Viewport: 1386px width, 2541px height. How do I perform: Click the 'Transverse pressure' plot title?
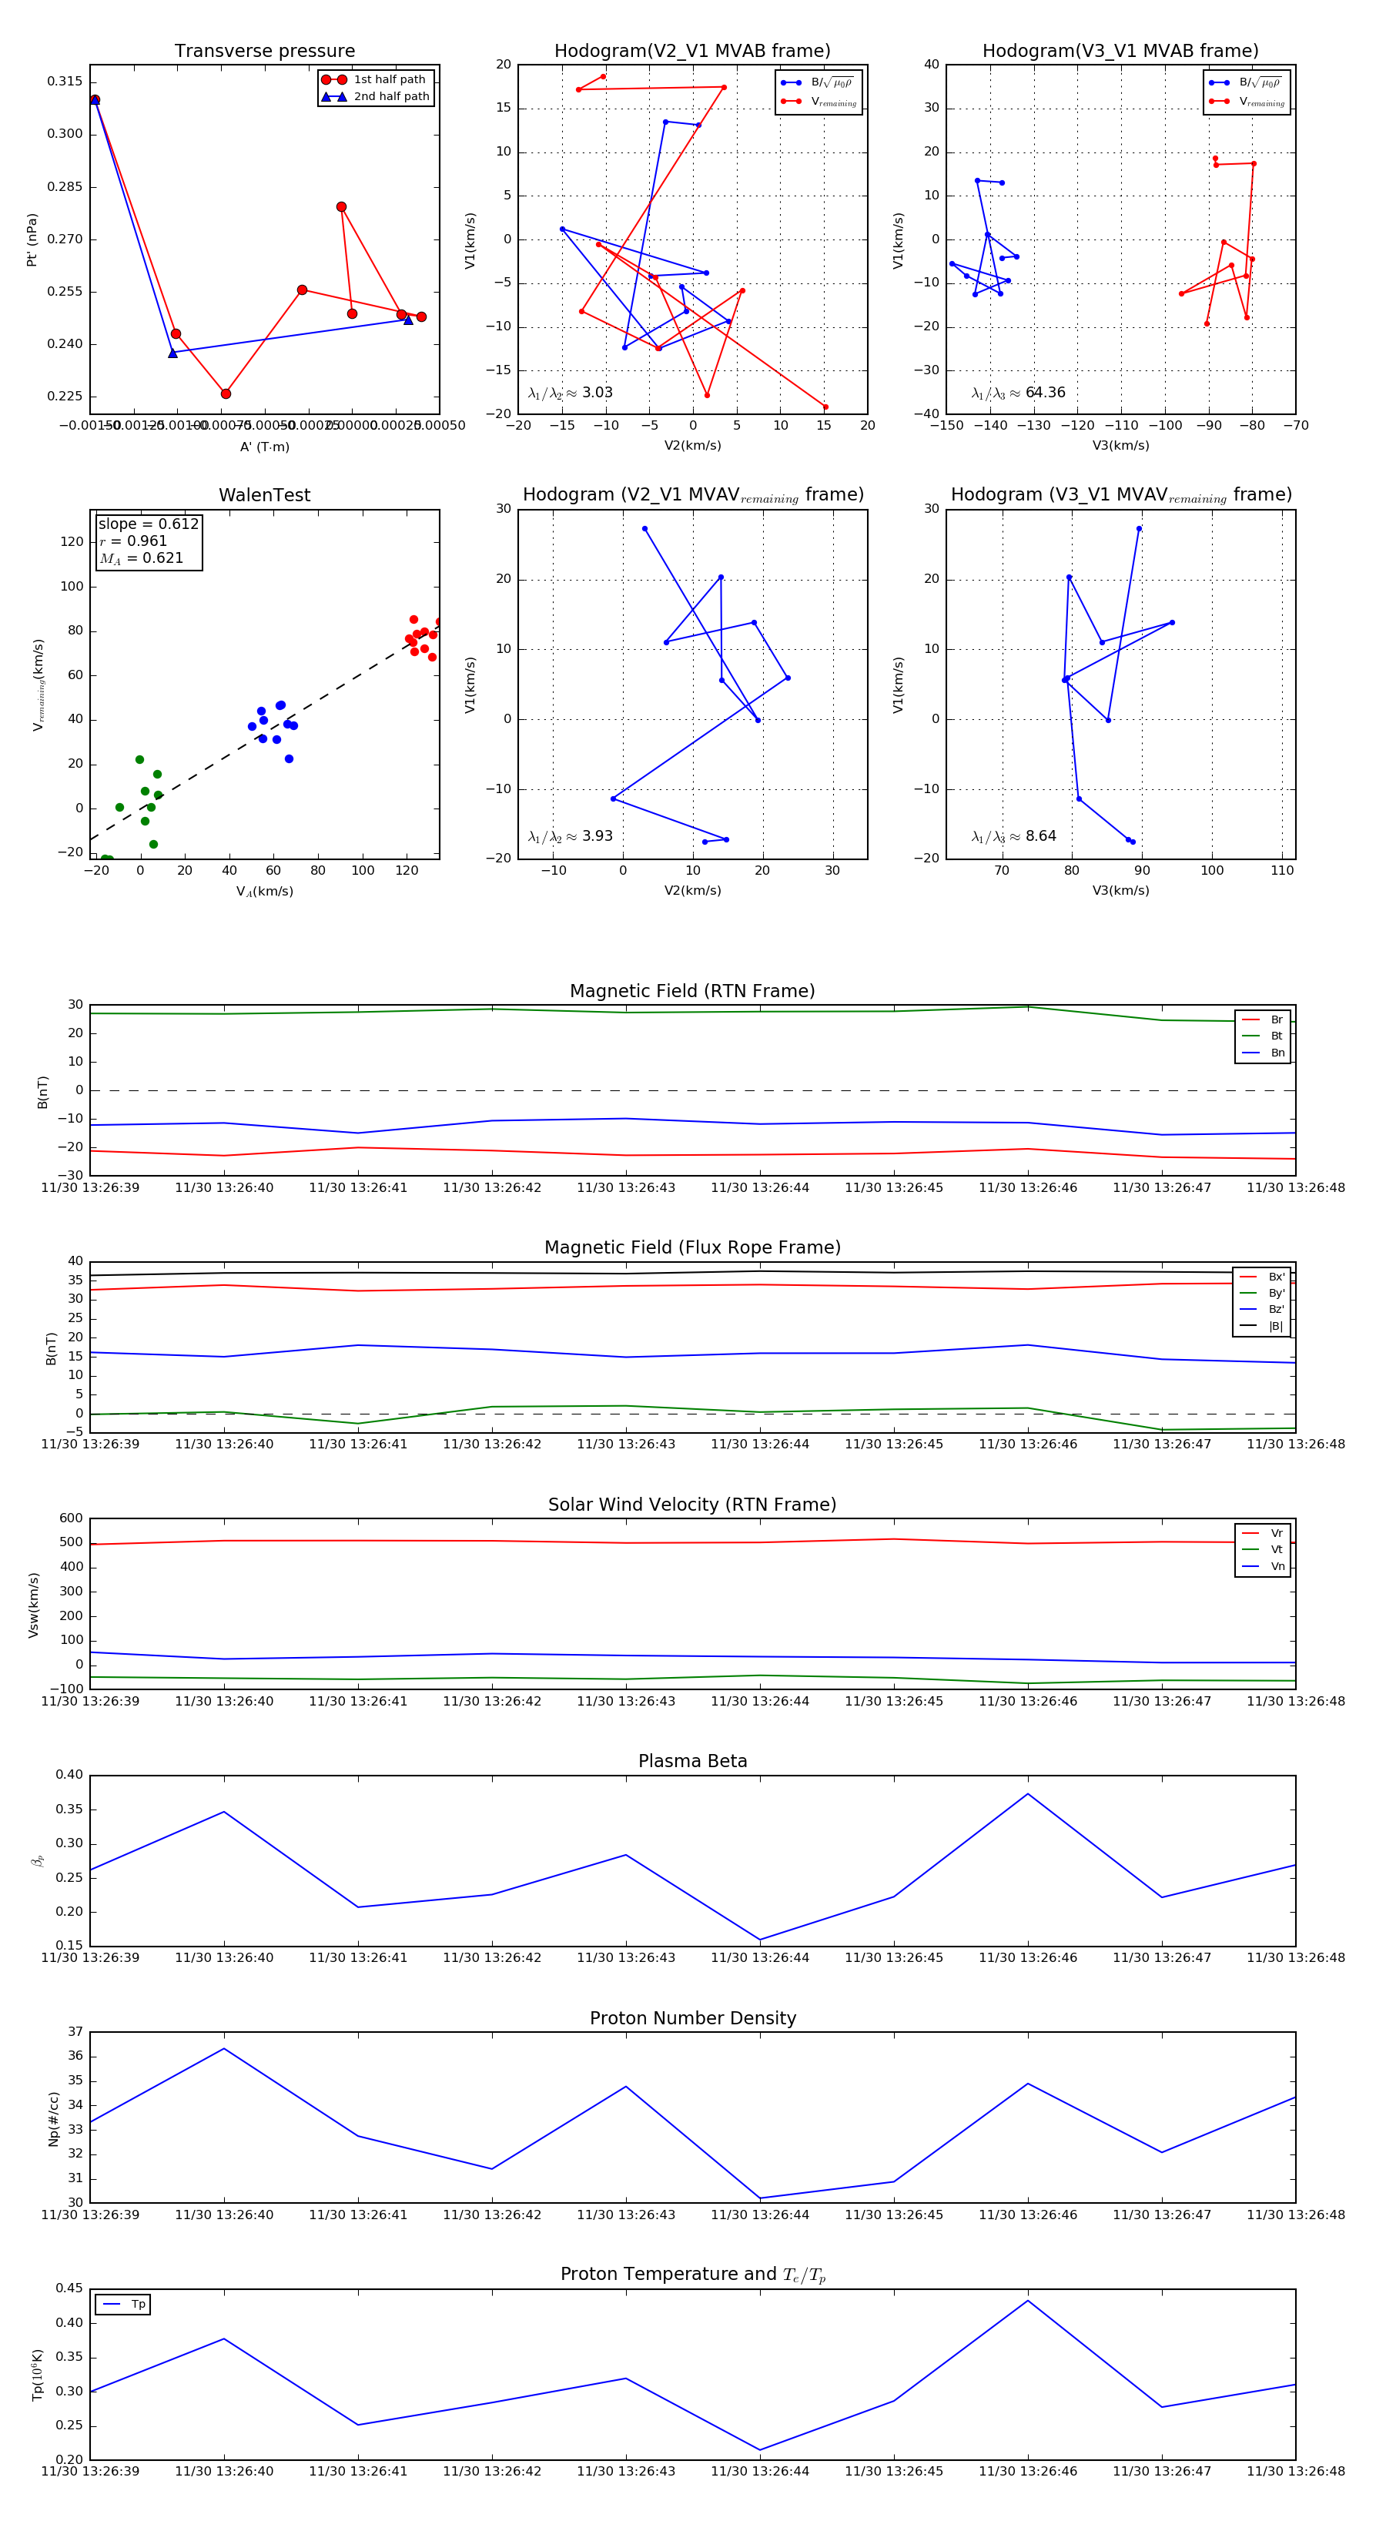(x=264, y=52)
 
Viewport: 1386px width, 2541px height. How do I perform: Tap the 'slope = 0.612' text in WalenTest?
(x=148, y=524)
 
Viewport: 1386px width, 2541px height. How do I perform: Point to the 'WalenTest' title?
(x=264, y=495)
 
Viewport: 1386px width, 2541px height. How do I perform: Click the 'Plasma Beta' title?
(x=692, y=1762)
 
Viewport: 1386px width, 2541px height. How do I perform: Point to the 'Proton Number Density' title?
(x=692, y=2018)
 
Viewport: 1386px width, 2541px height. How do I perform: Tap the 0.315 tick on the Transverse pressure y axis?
(x=65, y=81)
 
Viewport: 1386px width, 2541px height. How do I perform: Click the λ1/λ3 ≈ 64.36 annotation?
(x=1018, y=393)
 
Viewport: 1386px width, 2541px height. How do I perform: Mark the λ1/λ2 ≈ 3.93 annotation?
(x=570, y=836)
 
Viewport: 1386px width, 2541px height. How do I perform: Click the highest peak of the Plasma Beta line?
(x=1028, y=1793)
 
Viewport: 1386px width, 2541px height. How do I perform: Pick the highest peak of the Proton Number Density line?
(x=224, y=2049)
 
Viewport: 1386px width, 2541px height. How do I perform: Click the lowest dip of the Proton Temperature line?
(x=759, y=2449)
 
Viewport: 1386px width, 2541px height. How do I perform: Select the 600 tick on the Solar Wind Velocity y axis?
(x=70, y=1518)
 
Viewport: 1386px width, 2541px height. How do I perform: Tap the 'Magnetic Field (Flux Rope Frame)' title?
(x=692, y=1248)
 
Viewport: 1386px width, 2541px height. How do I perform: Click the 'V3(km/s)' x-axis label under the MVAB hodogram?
(x=1120, y=446)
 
